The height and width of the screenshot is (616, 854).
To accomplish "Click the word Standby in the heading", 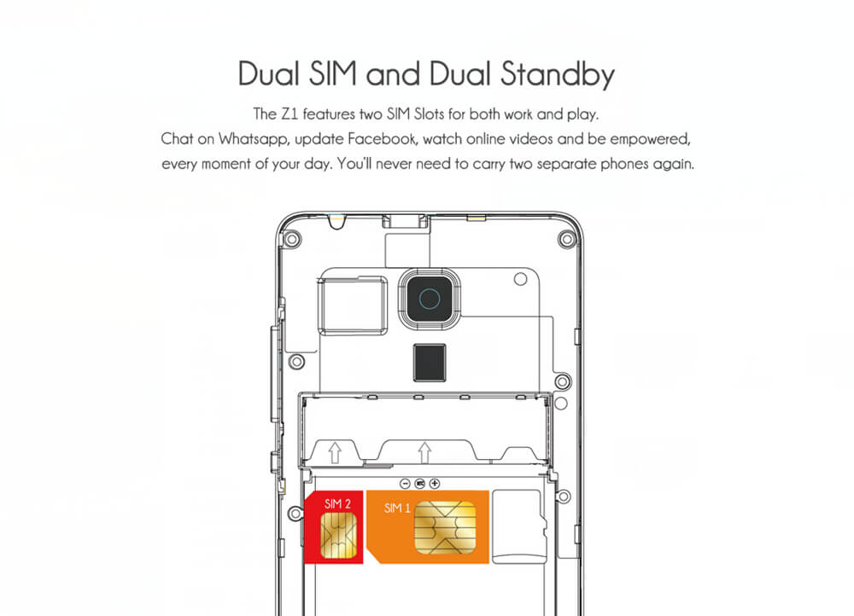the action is [x=557, y=75].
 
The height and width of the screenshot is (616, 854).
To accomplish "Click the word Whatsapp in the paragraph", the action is [x=254, y=140].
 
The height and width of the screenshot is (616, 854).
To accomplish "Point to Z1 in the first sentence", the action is [x=290, y=114].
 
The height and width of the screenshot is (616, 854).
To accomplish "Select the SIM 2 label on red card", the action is [x=337, y=504].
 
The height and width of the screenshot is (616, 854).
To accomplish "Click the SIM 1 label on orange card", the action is [x=397, y=508].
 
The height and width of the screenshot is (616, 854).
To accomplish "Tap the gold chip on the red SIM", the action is [x=339, y=536].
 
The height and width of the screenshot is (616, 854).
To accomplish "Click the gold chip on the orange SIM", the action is [x=445, y=527].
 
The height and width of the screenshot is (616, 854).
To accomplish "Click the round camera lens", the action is [x=430, y=299].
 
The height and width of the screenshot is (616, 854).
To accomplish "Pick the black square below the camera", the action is [x=430, y=363].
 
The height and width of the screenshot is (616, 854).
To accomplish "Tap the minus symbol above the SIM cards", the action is [x=405, y=483].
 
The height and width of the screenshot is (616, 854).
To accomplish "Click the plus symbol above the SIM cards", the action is [x=435, y=483].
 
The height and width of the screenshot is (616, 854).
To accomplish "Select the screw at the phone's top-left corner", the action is [x=292, y=238].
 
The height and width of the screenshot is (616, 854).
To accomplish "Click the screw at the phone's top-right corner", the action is [x=567, y=239].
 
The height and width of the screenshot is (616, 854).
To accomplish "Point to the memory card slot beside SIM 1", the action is [x=518, y=526].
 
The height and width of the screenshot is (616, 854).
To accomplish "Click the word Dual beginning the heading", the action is [x=269, y=74].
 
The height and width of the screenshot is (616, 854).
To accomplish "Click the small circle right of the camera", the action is [x=520, y=279].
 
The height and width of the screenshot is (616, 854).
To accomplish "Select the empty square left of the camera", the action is [x=353, y=305].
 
